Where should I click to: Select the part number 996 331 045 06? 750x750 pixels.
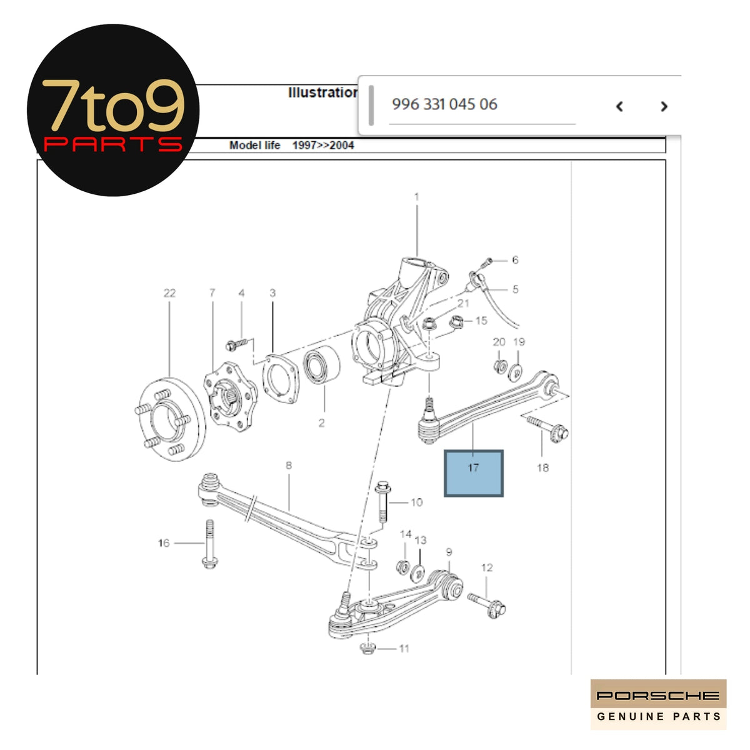(x=444, y=104)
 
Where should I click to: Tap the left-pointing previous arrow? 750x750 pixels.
(x=619, y=107)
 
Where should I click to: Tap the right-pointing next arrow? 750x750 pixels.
(x=664, y=107)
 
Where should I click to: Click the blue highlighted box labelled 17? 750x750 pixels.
(x=473, y=473)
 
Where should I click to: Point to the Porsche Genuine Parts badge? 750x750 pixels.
(x=658, y=704)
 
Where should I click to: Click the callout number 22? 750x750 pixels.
(x=169, y=293)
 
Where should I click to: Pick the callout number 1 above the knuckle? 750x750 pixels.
(x=417, y=197)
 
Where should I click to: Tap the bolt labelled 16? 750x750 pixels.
(x=209, y=544)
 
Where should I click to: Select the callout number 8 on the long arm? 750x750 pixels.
(x=289, y=466)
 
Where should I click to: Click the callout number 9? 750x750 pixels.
(x=449, y=552)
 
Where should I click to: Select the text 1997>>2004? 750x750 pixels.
(x=323, y=146)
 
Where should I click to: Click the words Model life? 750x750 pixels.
(x=254, y=146)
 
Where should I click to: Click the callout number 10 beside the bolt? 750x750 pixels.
(x=416, y=502)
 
